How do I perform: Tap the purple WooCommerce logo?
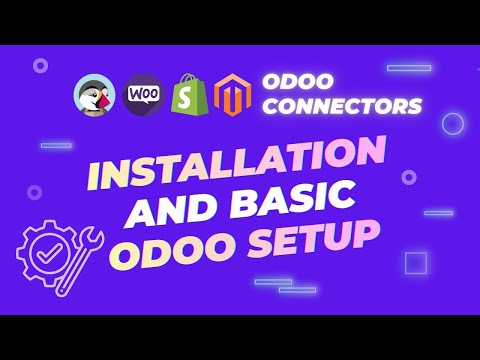pyautogui.click(x=144, y=95)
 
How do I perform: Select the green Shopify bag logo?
pyautogui.click(x=191, y=94)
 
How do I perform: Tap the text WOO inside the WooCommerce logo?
pyautogui.click(x=144, y=94)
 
